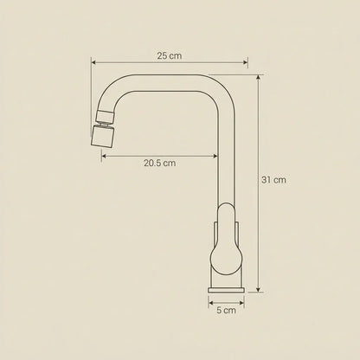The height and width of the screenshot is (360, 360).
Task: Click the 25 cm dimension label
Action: click(x=170, y=55)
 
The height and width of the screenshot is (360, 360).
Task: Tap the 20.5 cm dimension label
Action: click(x=159, y=163)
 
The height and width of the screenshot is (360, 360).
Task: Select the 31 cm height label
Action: click(x=273, y=180)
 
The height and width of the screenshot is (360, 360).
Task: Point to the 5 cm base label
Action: click(x=226, y=311)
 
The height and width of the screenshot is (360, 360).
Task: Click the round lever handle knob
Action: click(x=226, y=259)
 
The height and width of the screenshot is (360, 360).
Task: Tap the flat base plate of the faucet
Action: click(x=226, y=290)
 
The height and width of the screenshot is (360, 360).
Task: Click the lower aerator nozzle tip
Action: click(x=102, y=137)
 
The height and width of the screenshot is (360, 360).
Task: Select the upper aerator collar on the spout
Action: click(x=105, y=117)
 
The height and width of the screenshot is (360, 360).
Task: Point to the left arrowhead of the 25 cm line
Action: click(x=93, y=62)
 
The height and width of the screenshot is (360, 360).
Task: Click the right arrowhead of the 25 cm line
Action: click(x=246, y=62)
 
